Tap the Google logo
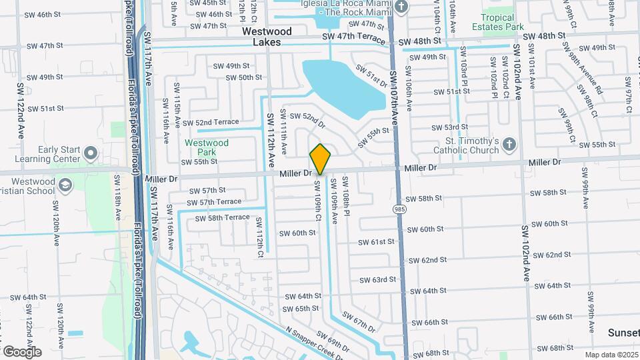pos(22,351)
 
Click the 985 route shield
pos(398,209)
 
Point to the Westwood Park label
pos(206,147)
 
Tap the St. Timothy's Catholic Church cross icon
pos(509,145)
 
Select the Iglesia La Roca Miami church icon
pos(401,7)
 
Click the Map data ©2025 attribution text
pos(611,355)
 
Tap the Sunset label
pos(623,332)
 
